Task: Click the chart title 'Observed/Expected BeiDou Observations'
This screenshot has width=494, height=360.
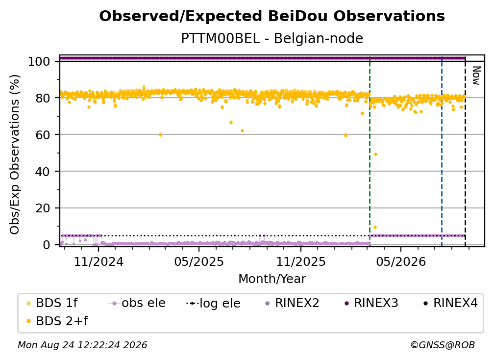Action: pyautogui.click(x=272, y=16)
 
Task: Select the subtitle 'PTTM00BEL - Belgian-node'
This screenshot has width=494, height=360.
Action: pyautogui.click(x=272, y=38)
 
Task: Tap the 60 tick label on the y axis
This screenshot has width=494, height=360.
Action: pyautogui.click(x=43, y=135)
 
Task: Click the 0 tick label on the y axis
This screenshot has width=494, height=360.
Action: pyautogui.click(x=47, y=245)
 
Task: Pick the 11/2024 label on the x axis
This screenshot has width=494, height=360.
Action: pyautogui.click(x=99, y=262)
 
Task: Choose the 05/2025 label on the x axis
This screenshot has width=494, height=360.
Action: pyautogui.click(x=199, y=262)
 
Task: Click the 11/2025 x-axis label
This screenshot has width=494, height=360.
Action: pyautogui.click(x=301, y=262)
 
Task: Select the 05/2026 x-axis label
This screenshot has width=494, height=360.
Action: pyautogui.click(x=401, y=262)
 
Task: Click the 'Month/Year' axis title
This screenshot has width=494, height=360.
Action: pyautogui.click(x=272, y=279)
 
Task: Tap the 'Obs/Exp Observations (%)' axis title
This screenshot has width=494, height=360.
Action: pyautogui.click(x=15, y=154)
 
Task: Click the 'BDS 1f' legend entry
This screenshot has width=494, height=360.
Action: pyautogui.click(x=52, y=303)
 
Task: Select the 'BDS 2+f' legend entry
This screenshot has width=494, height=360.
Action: pyautogui.click(x=57, y=321)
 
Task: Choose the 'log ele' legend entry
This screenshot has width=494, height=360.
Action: pyautogui.click(x=213, y=304)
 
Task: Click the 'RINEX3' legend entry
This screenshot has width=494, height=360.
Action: pyautogui.click(x=371, y=303)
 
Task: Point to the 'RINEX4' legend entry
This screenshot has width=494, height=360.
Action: pyautogui.click(x=450, y=303)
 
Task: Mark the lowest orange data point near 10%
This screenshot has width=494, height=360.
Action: pyautogui.click(x=375, y=227)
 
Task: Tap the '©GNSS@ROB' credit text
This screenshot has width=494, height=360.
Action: pyautogui.click(x=443, y=345)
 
